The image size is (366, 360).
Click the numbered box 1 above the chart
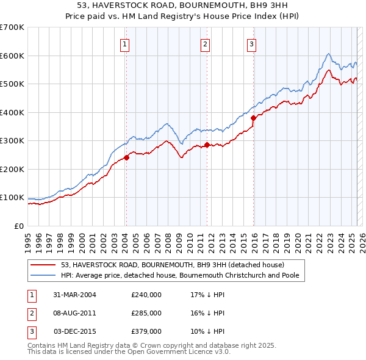pos(124,44)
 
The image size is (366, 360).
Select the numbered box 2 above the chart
pos(206,44)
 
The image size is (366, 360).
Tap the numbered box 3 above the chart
pos(252,44)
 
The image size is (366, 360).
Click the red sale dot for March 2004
pos(126,157)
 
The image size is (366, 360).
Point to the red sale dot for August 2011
pos(207,145)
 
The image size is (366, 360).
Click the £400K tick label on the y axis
pos(12,112)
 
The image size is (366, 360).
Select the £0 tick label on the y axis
pos(20,226)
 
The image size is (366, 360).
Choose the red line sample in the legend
pos(44,265)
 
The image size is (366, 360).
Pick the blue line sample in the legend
pos(44,275)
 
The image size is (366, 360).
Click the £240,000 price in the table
pos(146,295)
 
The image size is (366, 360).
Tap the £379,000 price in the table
pos(146,331)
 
